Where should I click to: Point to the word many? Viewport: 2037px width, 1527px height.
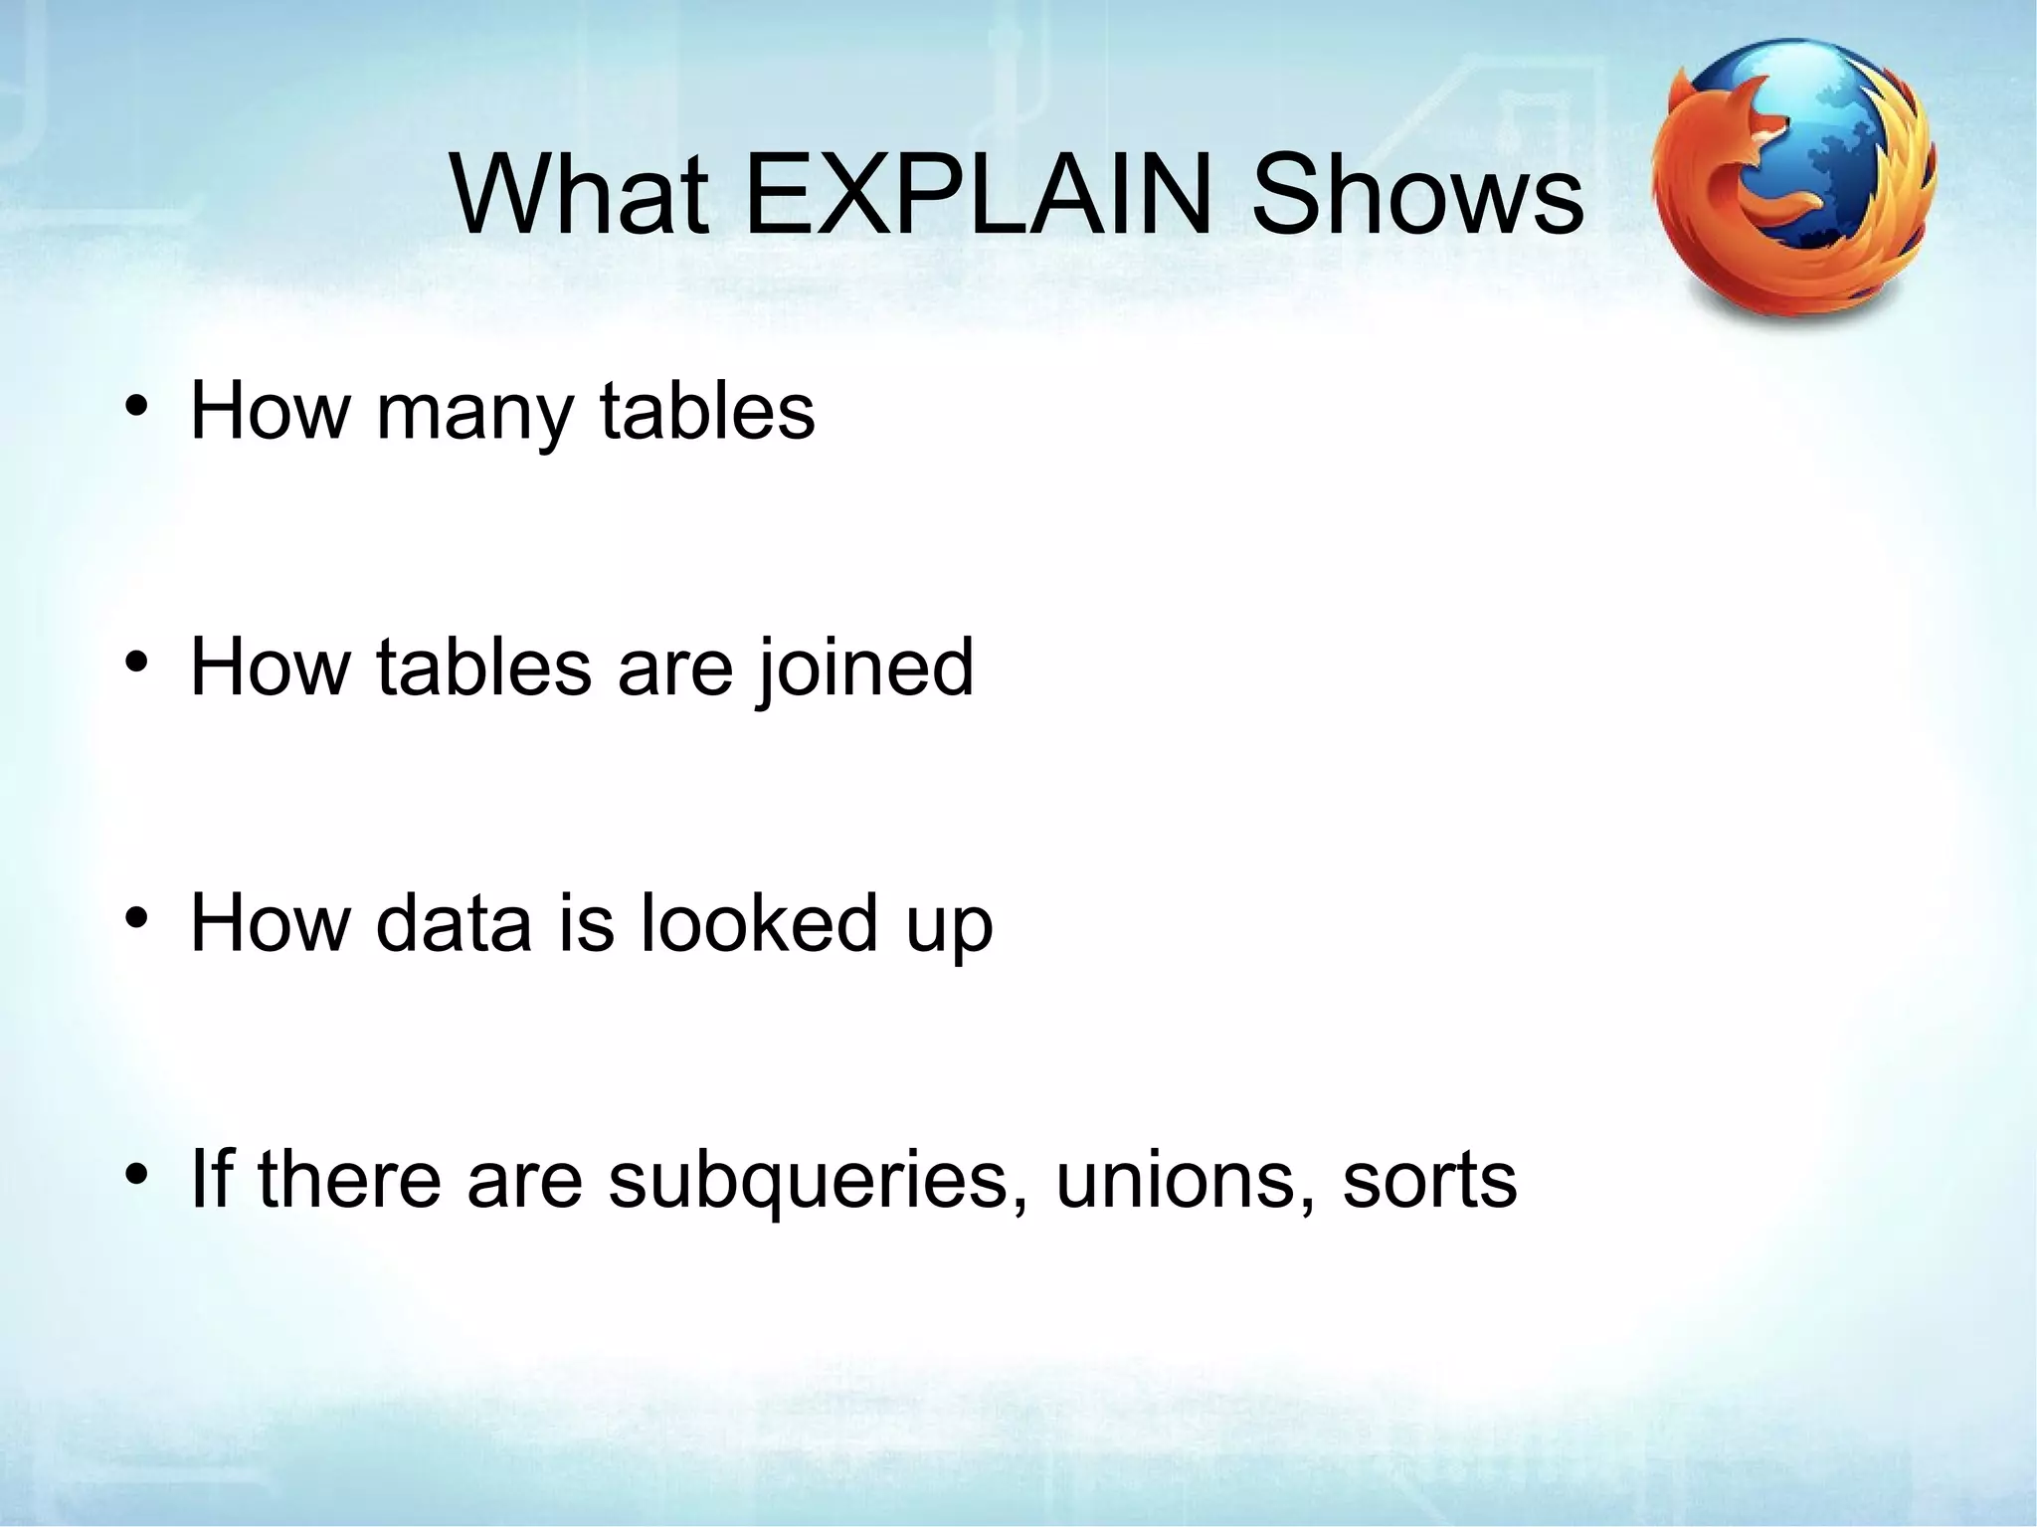click(x=474, y=413)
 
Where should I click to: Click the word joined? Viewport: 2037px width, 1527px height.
click(x=864, y=668)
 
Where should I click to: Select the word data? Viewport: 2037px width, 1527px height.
click(x=454, y=923)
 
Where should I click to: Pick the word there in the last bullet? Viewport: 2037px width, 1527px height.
click(x=348, y=1179)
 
